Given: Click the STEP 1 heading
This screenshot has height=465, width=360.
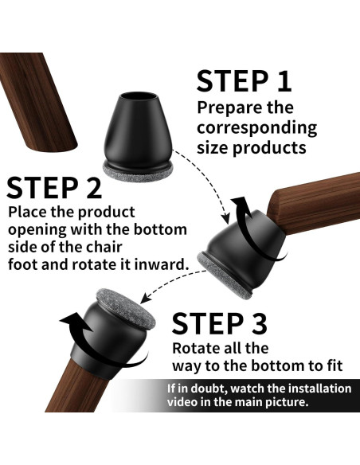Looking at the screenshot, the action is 244,81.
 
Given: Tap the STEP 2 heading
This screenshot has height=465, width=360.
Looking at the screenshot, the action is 54,188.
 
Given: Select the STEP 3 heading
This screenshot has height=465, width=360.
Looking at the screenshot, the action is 220,323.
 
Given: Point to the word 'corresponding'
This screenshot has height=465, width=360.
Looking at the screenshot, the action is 256,128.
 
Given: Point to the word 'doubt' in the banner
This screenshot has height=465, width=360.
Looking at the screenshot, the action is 210,389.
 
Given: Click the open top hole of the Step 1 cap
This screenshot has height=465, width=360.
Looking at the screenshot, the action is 139,97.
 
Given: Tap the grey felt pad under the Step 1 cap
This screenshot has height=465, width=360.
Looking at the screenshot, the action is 138,172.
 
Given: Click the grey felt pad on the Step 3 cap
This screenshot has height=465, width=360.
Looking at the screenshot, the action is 126,309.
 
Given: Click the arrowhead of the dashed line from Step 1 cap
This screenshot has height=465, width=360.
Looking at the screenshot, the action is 226,218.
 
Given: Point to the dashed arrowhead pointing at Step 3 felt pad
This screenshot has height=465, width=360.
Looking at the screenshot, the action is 146,298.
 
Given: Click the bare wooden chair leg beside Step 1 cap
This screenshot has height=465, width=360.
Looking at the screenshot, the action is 38,102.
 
